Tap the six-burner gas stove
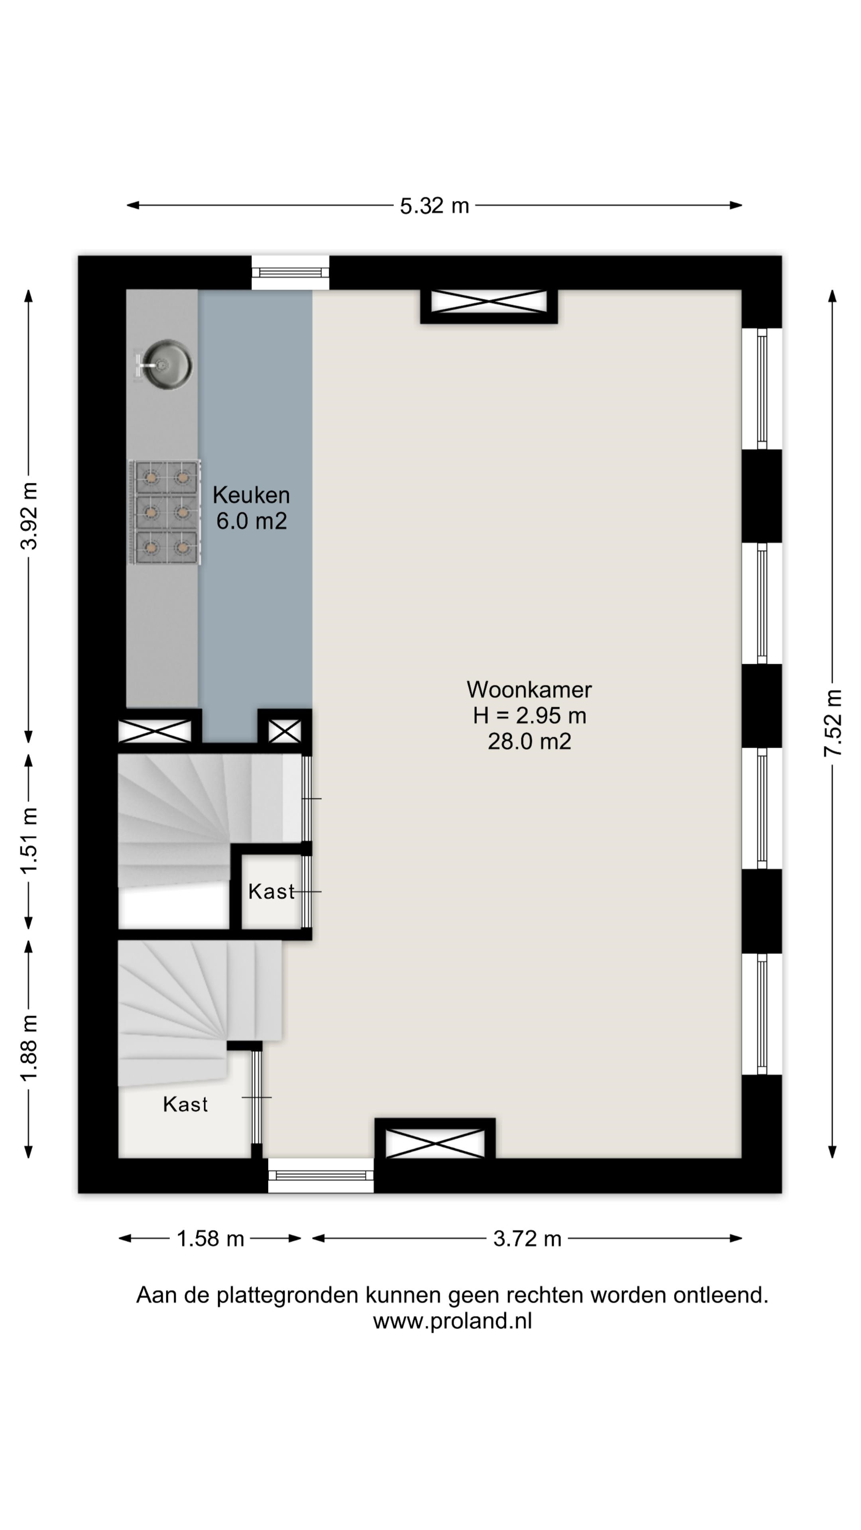click(x=165, y=512)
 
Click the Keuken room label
click(x=252, y=495)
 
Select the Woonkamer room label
click(x=529, y=690)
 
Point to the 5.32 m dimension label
click(x=434, y=206)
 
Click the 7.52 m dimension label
click(x=833, y=723)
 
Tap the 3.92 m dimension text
click(x=29, y=516)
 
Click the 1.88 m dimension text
click(x=29, y=1048)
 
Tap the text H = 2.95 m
click(x=529, y=716)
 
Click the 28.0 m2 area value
click(x=529, y=741)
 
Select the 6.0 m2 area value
click(x=252, y=521)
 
